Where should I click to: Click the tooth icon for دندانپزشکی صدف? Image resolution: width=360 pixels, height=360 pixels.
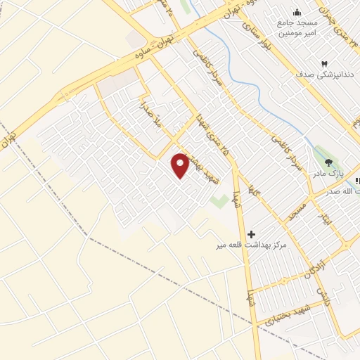pyautogui.click(x=325, y=63)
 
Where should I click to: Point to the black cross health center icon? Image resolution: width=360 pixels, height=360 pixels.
pyautogui.click(x=251, y=233)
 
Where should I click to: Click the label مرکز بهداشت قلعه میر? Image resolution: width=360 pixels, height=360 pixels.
pyautogui.click(x=252, y=245)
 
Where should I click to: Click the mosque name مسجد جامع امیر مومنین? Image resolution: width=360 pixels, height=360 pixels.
pyautogui.click(x=295, y=28)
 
